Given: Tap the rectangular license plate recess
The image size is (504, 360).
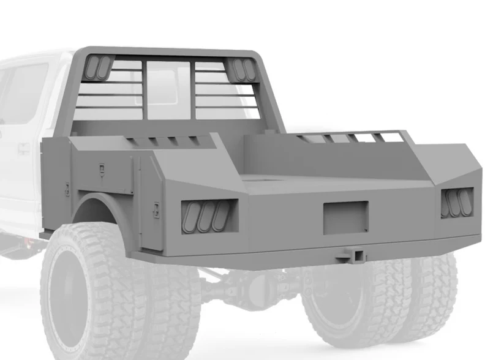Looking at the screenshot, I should [345, 217].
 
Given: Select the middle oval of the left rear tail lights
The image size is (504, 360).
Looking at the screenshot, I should [206, 216].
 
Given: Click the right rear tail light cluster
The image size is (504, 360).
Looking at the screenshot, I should [457, 203].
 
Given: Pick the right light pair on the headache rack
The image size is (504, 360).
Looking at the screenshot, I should [244, 70].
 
